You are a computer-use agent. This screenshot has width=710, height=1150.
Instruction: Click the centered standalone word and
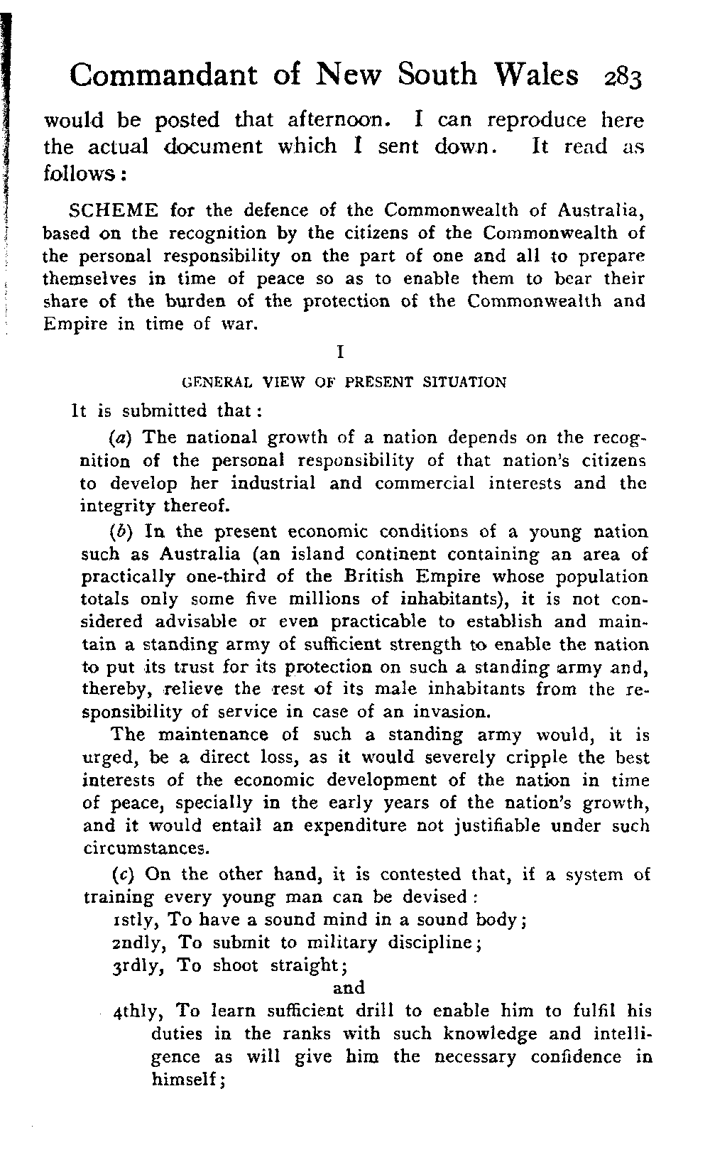coord(349,988)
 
